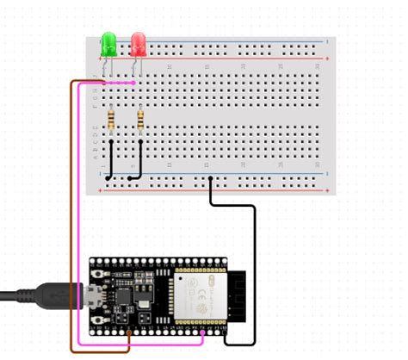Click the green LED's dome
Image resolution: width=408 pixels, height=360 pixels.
click(109, 42)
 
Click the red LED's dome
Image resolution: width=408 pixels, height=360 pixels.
click(138, 42)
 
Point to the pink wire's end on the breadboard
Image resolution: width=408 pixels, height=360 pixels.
click(133, 84)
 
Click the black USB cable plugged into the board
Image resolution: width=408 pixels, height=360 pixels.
click(34, 297)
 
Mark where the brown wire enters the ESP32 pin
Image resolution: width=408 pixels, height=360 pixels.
click(129, 332)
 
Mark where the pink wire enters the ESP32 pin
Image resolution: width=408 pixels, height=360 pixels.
click(202, 332)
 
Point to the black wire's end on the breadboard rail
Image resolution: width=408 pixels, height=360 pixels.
click(212, 177)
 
